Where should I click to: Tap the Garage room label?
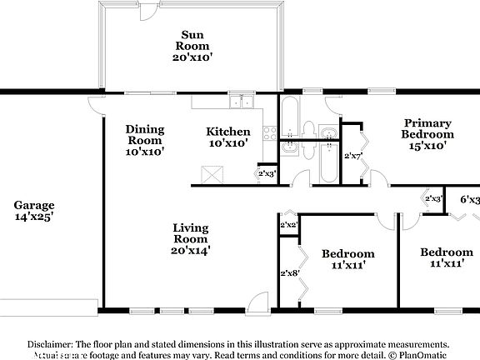click(x=34, y=204)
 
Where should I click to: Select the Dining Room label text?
click(x=145, y=135)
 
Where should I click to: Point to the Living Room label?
click(x=191, y=233)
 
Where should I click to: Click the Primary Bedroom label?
click(x=427, y=127)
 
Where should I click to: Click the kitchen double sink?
click(x=243, y=102)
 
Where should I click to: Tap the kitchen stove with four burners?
click(x=269, y=132)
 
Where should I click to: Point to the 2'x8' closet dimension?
click(x=289, y=272)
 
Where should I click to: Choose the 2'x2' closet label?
click(x=289, y=225)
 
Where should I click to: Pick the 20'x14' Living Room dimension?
click(x=191, y=247)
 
